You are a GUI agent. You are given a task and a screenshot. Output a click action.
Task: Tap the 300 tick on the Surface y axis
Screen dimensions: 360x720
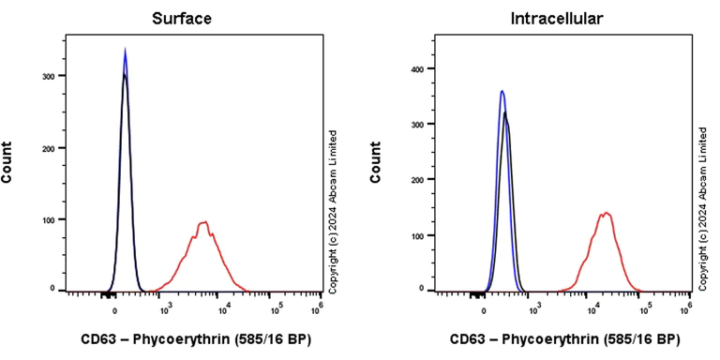point(52,76)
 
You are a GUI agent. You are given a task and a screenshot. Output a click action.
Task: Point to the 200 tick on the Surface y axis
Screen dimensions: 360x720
point(52,148)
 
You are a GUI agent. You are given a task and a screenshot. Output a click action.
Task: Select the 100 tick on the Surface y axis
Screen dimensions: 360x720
point(52,219)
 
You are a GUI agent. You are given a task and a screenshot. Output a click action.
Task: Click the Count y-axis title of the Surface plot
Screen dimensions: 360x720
point(8,161)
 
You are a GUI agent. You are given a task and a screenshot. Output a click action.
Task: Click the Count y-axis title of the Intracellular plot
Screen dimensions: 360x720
point(378,161)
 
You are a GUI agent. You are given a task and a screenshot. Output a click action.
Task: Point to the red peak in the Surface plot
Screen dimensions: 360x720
point(202,222)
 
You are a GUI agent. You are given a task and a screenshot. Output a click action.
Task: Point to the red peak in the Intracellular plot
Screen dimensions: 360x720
point(606,213)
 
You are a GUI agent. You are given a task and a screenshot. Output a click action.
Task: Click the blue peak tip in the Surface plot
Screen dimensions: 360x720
point(125,51)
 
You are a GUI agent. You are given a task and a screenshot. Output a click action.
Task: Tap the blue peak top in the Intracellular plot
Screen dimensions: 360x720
point(502,91)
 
